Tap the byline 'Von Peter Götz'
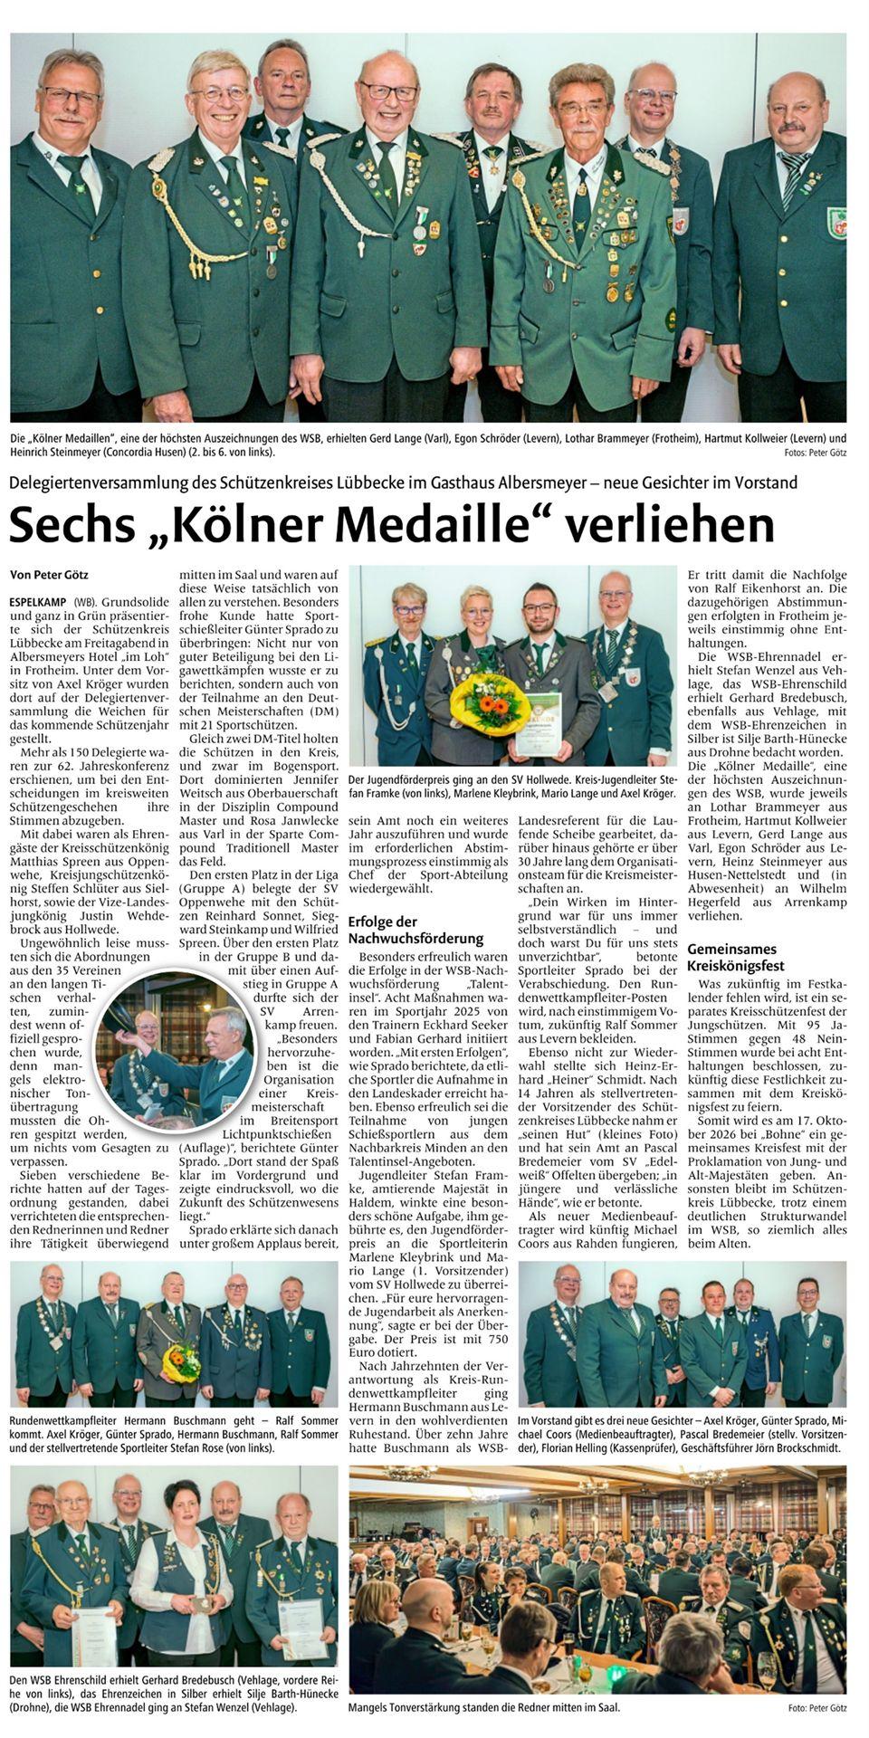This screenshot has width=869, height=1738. [x=49, y=574]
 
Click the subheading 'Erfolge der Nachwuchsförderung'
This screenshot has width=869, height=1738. [x=415, y=930]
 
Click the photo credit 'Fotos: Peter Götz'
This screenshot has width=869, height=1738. [x=816, y=453]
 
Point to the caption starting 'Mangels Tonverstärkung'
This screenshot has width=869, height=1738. [x=484, y=1707]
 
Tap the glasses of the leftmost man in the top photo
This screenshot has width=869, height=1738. [x=70, y=95]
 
